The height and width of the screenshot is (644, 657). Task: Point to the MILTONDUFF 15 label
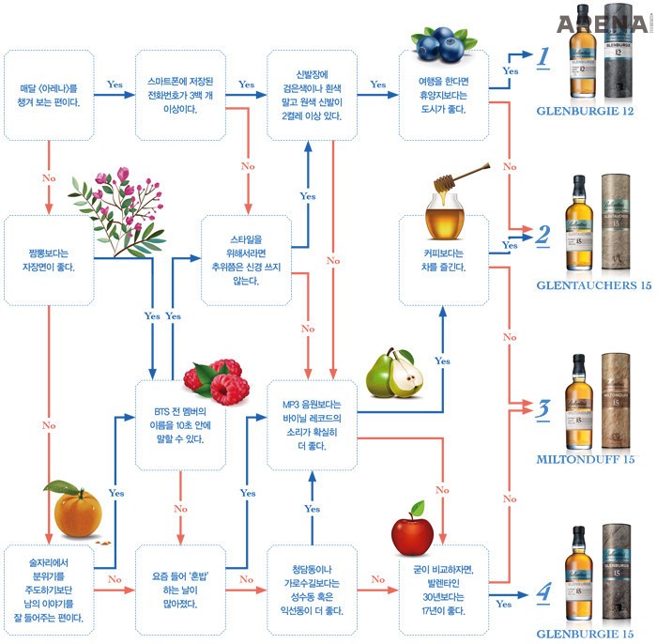[587, 459]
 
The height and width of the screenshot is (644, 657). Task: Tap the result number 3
[542, 409]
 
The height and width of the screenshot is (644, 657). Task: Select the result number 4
[542, 593]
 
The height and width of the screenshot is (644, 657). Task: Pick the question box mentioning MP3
[312, 424]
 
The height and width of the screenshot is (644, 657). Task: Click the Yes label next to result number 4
[503, 604]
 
